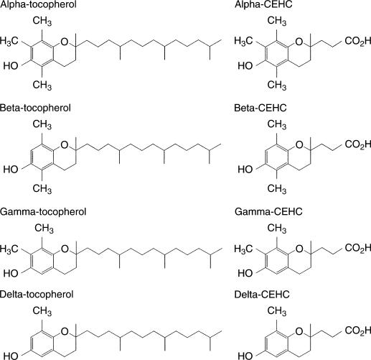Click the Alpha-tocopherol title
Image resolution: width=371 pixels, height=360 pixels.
pyautogui.click(x=38, y=4)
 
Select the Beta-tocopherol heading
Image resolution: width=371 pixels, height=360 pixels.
pyautogui.click(x=35, y=108)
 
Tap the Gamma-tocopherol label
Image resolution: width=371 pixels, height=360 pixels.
pyautogui.click(x=43, y=212)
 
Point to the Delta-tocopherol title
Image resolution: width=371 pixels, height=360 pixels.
pyautogui.click(x=37, y=295)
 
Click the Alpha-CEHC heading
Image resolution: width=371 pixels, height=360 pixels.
pyautogui.click(x=263, y=4)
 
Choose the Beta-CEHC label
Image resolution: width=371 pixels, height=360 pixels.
pyautogui.click(x=260, y=108)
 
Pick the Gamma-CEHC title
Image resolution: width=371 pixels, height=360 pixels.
pyautogui.click(x=268, y=212)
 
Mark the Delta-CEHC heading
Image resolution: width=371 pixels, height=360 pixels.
pyautogui.click(x=262, y=295)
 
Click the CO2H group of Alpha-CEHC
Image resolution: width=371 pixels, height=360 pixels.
pyautogui.click(x=358, y=41)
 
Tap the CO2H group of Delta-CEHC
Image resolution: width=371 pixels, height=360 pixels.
pyautogui.click(x=358, y=331)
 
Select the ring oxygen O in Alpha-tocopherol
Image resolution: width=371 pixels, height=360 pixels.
pyautogui.click(x=65, y=42)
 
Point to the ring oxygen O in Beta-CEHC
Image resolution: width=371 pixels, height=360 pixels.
pyautogui.click(x=299, y=144)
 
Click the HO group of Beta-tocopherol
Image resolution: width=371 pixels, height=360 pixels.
pyautogui.click(x=11, y=170)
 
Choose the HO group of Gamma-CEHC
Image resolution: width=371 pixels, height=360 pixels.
pyautogui.click(x=245, y=273)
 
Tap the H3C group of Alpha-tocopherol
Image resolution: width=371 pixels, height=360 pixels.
pyautogui.click(x=9, y=41)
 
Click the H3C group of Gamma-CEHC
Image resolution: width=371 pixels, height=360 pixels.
pyautogui.click(x=243, y=249)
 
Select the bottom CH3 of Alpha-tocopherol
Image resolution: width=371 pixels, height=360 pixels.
pyautogui.click(x=42, y=85)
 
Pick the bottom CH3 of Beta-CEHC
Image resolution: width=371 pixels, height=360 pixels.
pyautogui.click(x=277, y=188)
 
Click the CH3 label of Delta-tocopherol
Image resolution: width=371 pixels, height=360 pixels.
pyautogui.click(x=42, y=311)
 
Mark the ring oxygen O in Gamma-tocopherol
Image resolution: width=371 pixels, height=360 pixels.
pyautogui.click(x=65, y=249)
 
